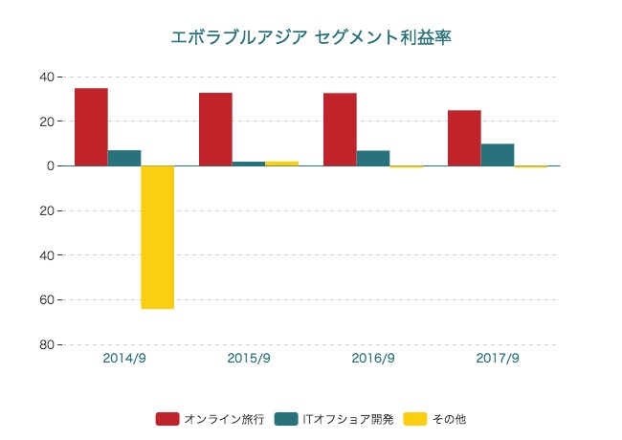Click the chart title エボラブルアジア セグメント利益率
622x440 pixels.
[311, 37]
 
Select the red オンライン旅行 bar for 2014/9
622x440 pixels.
[91, 127]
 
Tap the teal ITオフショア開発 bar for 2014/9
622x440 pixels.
[124, 158]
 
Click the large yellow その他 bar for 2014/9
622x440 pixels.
[157, 237]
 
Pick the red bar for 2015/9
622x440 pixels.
[215, 129]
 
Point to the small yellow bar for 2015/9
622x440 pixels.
[281, 164]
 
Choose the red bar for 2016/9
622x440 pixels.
[340, 129]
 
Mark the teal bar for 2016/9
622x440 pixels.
[373, 158]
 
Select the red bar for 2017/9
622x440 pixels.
[464, 138]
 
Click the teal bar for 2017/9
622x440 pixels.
[498, 155]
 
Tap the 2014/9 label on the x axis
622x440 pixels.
[124, 359]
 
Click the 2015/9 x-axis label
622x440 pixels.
[249, 359]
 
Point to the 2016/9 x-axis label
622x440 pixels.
[373, 359]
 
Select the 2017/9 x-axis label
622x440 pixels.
[498, 359]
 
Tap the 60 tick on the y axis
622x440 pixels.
[46, 300]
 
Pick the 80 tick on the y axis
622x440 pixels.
[46, 345]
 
